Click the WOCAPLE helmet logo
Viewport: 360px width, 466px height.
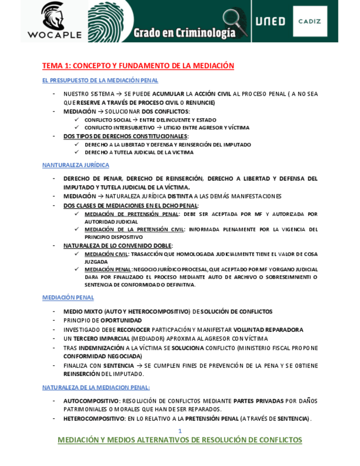pos(53,15)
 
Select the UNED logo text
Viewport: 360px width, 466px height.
pos(270,21)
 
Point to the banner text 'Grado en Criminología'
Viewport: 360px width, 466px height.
pos(184,33)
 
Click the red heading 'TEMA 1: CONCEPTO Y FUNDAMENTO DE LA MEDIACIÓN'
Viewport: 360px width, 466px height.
pos(138,66)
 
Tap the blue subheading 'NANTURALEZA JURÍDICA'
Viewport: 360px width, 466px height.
pos(76,165)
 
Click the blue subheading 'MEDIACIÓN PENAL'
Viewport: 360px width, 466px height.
pos(68,297)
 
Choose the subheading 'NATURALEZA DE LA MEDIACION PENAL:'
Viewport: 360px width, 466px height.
pos(96,387)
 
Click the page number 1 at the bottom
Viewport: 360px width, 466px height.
pos(180,431)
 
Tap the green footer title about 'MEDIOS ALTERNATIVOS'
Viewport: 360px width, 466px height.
pos(180,440)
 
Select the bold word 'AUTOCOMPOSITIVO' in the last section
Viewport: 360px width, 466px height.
pos(91,401)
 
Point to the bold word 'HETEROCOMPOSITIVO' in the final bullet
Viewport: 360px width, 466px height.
pos(94,419)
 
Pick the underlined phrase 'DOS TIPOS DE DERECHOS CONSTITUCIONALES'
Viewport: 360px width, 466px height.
pos(125,136)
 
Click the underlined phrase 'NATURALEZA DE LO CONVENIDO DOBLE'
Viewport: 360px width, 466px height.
pos(118,246)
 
